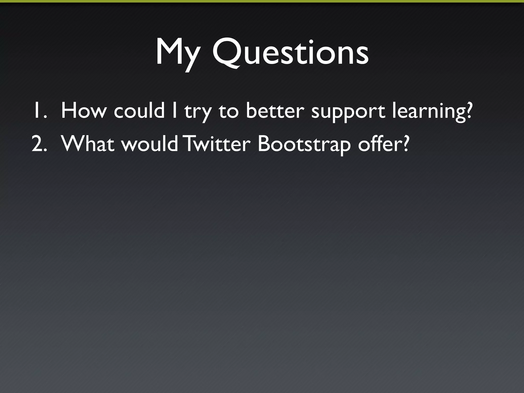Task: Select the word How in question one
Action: (83, 110)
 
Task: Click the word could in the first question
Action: (139, 110)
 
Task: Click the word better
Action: (275, 110)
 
